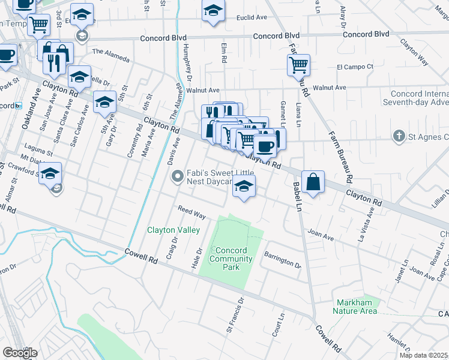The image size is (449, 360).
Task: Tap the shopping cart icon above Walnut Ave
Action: (x=298, y=64)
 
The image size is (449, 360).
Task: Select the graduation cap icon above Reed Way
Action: (x=244, y=187)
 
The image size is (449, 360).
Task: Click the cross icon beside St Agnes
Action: (x=399, y=137)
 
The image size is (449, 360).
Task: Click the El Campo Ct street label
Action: (x=355, y=66)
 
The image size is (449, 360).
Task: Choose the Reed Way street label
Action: (x=191, y=212)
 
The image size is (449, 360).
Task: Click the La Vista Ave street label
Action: (x=366, y=224)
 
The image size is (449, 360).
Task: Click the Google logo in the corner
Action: (x=20, y=353)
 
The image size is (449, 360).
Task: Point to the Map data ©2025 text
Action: (x=424, y=355)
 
